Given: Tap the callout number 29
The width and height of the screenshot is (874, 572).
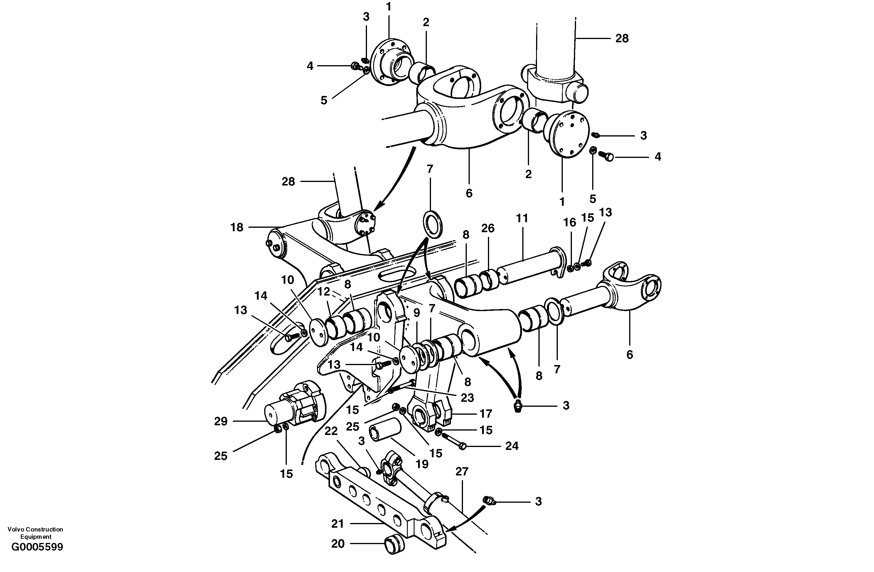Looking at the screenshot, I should click(221, 421).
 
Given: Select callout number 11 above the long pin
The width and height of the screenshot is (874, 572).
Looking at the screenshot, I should click(522, 218).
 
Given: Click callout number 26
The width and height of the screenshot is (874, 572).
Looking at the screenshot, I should click(488, 228).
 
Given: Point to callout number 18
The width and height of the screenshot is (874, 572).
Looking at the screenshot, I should click(237, 228).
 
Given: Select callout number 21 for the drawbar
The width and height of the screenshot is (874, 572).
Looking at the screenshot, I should click(338, 524).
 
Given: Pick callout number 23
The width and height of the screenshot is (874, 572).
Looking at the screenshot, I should click(467, 398).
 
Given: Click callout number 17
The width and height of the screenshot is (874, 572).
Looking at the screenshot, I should click(486, 414).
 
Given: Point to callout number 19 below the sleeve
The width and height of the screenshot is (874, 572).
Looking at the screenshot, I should click(422, 464).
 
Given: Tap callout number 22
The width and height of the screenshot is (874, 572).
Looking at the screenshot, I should click(331, 431).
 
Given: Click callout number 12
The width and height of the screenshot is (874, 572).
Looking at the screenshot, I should click(324, 292).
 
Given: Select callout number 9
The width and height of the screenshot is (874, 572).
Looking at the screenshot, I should click(416, 313).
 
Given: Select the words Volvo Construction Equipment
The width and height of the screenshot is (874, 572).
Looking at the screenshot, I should click(35, 533).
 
